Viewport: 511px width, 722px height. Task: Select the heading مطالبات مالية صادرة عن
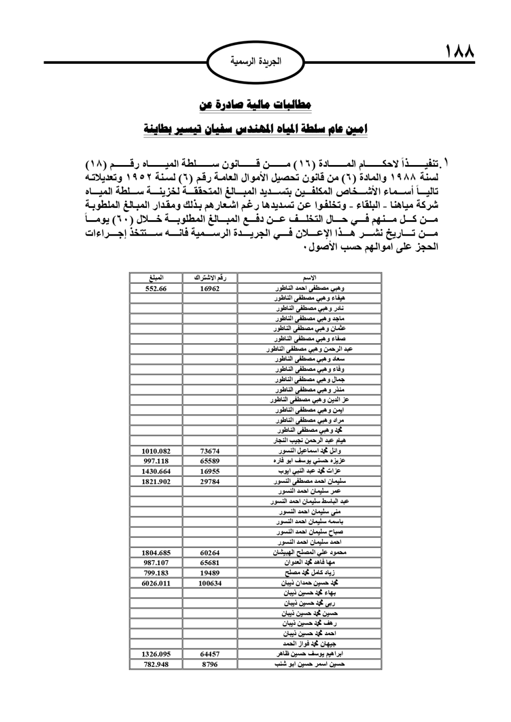tap(255, 104)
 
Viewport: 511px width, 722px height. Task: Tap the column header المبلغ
tap(156, 278)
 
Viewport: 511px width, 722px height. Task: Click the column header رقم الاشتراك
tap(210, 278)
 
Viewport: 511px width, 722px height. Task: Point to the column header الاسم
tap(310, 278)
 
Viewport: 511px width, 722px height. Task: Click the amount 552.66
tap(156, 288)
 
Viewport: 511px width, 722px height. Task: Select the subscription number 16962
tap(210, 288)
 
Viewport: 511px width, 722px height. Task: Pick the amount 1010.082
tap(156, 451)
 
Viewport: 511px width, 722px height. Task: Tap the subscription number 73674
tap(210, 451)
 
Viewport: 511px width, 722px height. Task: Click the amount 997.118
tap(156, 461)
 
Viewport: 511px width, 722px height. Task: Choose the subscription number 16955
tap(210, 471)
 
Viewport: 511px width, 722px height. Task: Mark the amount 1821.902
tap(156, 481)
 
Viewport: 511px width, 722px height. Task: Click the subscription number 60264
tap(210, 553)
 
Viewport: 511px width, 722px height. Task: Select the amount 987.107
tap(156, 563)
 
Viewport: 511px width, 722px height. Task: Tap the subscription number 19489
tap(210, 573)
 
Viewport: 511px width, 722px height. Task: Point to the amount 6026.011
tap(156, 583)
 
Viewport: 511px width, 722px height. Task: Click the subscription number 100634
tap(210, 583)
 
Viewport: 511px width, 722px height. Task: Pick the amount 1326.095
tap(156, 654)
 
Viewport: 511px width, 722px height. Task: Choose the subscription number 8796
tap(210, 664)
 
